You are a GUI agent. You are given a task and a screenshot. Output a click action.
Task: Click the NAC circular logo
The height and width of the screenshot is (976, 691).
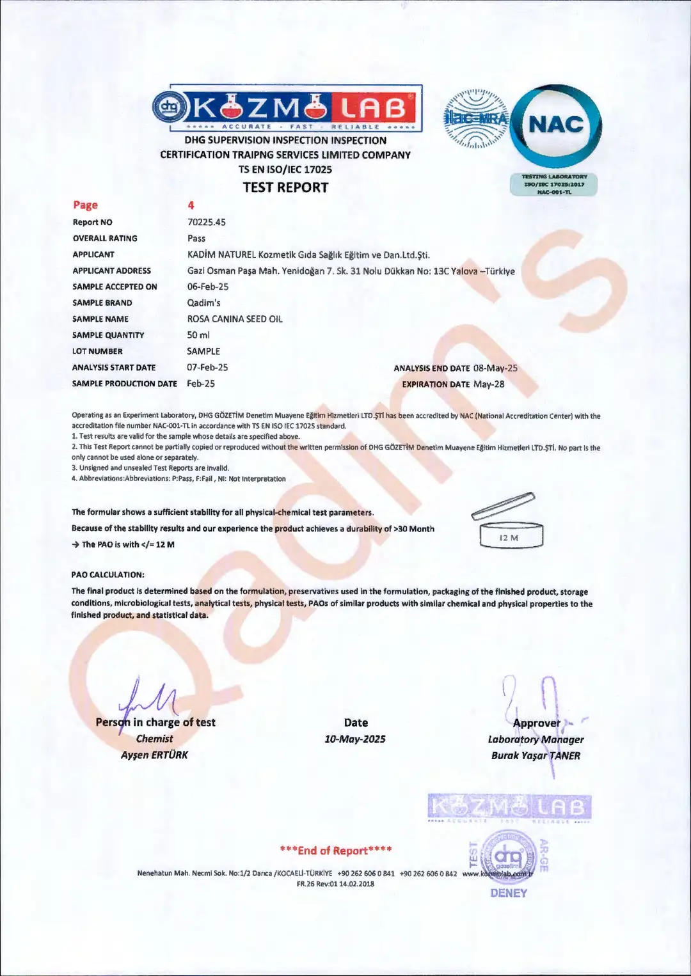tap(556, 125)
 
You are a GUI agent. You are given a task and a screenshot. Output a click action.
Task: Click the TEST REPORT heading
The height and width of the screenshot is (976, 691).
tap(285, 187)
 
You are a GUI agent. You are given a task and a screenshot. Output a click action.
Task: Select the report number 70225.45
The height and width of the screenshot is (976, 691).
tap(206, 222)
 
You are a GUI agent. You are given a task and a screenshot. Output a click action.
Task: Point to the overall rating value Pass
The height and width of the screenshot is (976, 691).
tap(196, 238)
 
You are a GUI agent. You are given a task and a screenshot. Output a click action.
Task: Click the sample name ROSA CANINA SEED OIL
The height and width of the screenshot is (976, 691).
tap(234, 319)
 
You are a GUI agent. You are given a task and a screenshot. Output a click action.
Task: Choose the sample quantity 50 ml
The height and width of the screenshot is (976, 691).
tap(198, 335)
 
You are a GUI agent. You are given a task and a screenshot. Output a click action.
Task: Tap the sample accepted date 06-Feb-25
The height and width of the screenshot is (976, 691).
tap(207, 287)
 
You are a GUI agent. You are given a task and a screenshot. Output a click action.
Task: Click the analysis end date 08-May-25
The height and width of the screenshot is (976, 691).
tap(495, 368)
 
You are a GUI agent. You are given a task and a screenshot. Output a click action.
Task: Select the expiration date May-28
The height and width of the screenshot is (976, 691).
tap(488, 384)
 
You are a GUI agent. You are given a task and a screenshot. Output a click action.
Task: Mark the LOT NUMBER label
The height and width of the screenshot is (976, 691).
tap(97, 351)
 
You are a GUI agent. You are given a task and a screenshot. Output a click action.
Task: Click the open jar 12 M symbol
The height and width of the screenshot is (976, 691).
tap(510, 523)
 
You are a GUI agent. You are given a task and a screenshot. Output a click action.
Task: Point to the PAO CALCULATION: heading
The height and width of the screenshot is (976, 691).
tap(107, 574)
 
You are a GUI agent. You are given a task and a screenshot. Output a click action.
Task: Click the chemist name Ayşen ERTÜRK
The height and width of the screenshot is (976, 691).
tap(154, 755)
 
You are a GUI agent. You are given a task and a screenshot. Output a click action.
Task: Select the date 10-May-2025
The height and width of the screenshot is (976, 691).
tap(355, 739)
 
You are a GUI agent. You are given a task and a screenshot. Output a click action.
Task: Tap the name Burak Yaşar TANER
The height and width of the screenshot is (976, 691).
tap(536, 755)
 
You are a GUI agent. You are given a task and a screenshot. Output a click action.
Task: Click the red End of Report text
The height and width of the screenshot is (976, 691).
tap(335, 850)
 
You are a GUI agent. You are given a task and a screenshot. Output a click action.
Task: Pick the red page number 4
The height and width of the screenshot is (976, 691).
tap(191, 205)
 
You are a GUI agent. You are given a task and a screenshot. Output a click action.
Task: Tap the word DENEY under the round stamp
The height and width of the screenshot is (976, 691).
tap(509, 893)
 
